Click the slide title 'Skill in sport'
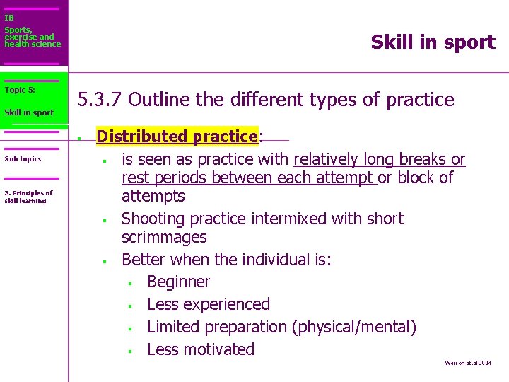pyautogui.click(x=433, y=42)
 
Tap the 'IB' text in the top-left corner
pyautogui.click(x=9, y=18)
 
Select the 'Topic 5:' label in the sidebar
pyautogui.click(x=20, y=90)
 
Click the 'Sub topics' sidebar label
pyautogui.click(x=23, y=159)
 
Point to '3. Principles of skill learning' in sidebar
pyautogui.click(x=28, y=197)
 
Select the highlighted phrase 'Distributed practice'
pyautogui.click(x=177, y=136)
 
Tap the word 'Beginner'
pyautogui.click(x=178, y=282)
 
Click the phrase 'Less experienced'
pyautogui.click(x=208, y=304)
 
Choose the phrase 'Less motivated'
pyautogui.click(x=200, y=349)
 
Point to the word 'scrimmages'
pyautogui.click(x=164, y=237)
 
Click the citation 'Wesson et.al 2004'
pyautogui.click(x=467, y=363)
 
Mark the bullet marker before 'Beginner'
pyautogui.click(x=130, y=284)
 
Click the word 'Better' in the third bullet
pyautogui.click(x=144, y=260)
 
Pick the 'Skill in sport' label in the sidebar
pyautogui.click(x=29, y=112)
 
